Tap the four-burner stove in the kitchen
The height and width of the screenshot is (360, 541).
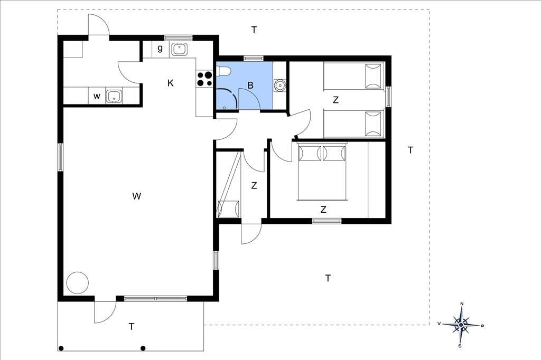pyautogui.click(x=204, y=79)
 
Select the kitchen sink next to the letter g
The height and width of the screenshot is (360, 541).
pyautogui.click(x=180, y=49)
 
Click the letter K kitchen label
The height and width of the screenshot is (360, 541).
pyautogui.click(x=171, y=83)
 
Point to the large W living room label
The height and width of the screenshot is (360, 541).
pyautogui.click(x=137, y=196)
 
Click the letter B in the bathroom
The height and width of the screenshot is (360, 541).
pyautogui.click(x=250, y=85)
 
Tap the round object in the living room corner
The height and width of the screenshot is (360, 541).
pyautogui.click(x=78, y=283)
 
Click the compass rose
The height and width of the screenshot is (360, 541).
pyautogui.click(x=461, y=325)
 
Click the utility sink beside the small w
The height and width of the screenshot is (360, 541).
pyautogui.click(x=114, y=96)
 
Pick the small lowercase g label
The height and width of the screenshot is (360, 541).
pyautogui.click(x=160, y=48)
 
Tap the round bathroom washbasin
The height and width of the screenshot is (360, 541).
pyautogui.click(x=279, y=84)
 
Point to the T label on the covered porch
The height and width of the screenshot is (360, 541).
pyautogui.click(x=132, y=327)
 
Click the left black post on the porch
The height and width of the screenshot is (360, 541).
pyautogui.click(x=61, y=348)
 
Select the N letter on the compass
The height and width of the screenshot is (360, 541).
pyautogui.click(x=462, y=304)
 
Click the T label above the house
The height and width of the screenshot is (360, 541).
pyautogui.click(x=254, y=30)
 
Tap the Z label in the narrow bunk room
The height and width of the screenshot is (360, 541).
pyautogui.click(x=254, y=185)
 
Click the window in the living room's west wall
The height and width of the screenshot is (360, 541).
pyautogui.click(x=60, y=157)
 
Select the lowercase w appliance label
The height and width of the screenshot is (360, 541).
pyautogui.click(x=97, y=96)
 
